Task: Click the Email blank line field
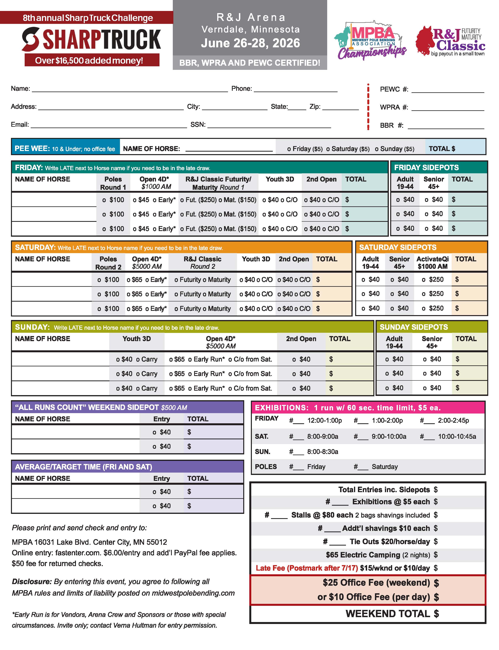(x=109, y=125)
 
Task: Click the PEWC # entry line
(x=447, y=90)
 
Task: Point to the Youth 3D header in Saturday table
(x=256, y=259)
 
